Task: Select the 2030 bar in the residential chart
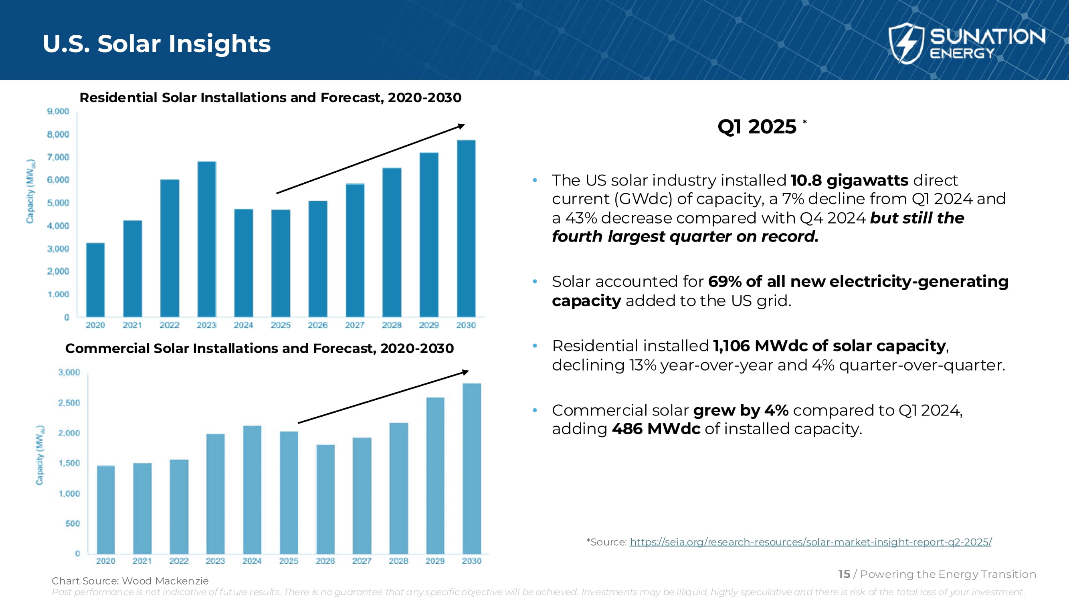point(466,228)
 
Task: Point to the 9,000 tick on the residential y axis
point(58,111)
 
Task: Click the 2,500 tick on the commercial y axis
point(69,403)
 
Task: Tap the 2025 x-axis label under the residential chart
point(281,325)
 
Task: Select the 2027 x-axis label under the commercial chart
point(362,561)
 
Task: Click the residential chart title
point(270,97)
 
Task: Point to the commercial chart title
point(259,349)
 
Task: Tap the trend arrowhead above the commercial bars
point(466,372)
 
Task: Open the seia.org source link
point(810,542)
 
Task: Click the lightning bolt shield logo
point(906,43)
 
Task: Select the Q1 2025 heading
point(757,127)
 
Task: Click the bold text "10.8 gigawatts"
point(849,180)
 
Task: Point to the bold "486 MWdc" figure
point(656,429)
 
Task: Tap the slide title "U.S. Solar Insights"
point(156,44)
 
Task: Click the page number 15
point(844,574)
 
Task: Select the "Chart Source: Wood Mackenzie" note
point(130,581)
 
